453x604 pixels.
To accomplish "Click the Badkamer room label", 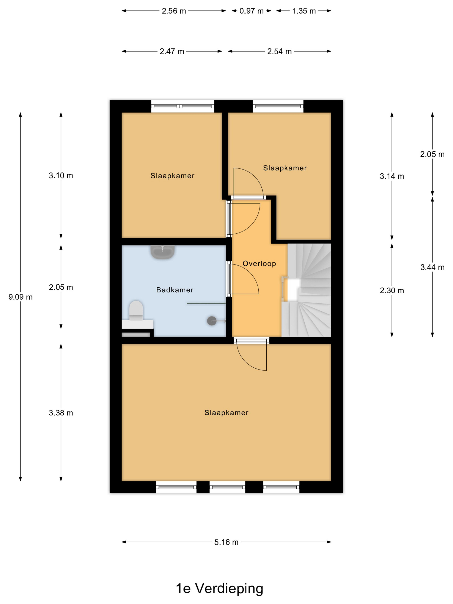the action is pos(175,290).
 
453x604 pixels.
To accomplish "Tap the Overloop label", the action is pos(259,264).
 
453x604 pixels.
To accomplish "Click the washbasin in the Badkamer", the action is pos(162,252).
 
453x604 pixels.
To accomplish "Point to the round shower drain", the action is pos(212,321).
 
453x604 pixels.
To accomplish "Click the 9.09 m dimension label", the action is pos(20,297).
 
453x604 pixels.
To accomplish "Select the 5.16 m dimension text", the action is pos(226,542).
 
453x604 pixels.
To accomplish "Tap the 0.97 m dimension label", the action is pos(251,11).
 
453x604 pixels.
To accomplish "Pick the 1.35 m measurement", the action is pos(304,11).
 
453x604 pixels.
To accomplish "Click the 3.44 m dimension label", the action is pos(432,267).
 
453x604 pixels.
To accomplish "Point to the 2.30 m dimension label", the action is pos(392,290).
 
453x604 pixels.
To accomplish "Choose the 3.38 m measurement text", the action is pos(61,413).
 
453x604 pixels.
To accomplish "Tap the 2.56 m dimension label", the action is pos(174,11).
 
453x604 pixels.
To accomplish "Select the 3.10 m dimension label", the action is pos(61,175).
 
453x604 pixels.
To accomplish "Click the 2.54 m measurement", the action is pos(279,51).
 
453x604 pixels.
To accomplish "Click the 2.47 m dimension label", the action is pos(172,51).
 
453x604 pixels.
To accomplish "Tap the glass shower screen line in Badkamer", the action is pos(206,303).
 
